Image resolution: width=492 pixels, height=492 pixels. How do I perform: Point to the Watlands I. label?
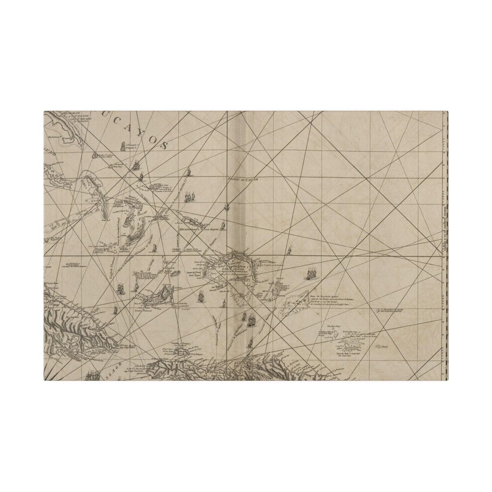[130, 148]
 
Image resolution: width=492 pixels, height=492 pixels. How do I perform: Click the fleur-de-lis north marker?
[226, 206]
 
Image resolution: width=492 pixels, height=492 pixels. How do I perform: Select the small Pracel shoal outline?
[379, 347]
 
